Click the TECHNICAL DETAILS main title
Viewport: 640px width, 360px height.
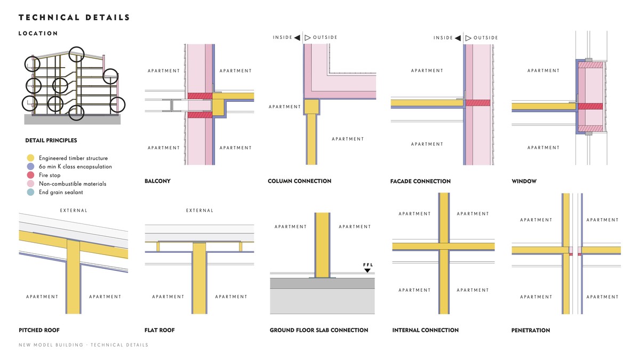click(74, 18)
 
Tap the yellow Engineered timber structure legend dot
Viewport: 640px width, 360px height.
click(30, 158)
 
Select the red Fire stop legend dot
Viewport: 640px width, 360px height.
click(30, 175)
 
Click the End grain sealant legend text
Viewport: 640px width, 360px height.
click(61, 192)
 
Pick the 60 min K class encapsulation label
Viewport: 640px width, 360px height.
click(75, 166)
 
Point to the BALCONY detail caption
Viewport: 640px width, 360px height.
click(157, 181)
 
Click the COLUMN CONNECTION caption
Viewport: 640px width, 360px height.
click(299, 181)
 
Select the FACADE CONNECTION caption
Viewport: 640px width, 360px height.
click(420, 181)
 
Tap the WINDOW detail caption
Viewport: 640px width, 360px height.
click(524, 181)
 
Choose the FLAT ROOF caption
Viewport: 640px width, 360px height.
click(159, 330)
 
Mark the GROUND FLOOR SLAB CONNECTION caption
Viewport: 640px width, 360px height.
click(319, 330)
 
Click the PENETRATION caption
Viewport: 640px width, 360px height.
click(531, 330)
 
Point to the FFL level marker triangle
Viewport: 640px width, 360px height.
click(367, 271)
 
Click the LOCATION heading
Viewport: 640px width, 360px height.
click(38, 34)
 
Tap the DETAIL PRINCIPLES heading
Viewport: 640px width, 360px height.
click(51, 141)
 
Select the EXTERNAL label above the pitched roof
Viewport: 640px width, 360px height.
click(74, 211)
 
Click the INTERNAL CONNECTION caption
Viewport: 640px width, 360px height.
click(425, 330)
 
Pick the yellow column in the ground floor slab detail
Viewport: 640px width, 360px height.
click(322, 245)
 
